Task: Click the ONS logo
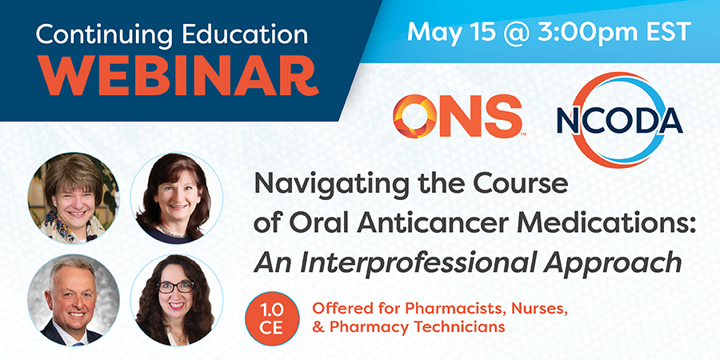pyautogui.click(x=458, y=117)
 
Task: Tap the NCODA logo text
pyautogui.click(x=619, y=121)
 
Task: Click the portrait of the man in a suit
pyautogui.click(x=74, y=300)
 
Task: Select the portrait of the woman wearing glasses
pyautogui.click(x=177, y=300)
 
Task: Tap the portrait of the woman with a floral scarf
pyautogui.click(x=74, y=198)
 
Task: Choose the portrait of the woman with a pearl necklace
pyautogui.click(x=177, y=198)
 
